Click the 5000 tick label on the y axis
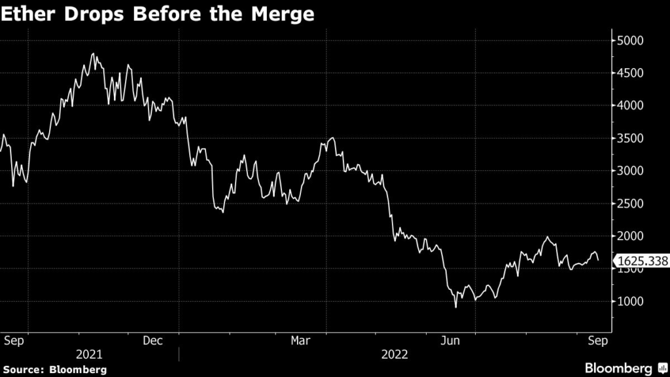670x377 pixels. click(x=630, y=41)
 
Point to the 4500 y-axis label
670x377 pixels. click(x=630, y=73)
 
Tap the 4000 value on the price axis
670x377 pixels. click(x=630, y=105)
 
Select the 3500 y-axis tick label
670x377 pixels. click(x=630, y=139)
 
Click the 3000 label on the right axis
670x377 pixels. click(x=630, y=171)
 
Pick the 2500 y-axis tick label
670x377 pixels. click(x=630, y=204)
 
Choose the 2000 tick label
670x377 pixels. click(x=630, y=236)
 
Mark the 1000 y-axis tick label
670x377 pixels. click(x=630, y=301)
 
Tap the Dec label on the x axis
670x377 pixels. click(x=152, y=340)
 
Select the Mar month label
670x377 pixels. click(x=300, y=340)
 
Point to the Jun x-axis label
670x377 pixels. click(x=450, y=340)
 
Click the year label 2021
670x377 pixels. click(x=89, y=354)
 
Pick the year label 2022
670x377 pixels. click(x=395, y=354)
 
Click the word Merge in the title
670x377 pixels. click(x=283, y=14)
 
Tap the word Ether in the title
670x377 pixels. click(x=29, y=14)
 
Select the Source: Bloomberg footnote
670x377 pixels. click(x=55, y=370)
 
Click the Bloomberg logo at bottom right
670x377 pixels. click(x=626, y=368)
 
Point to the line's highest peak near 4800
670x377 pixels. click(x=93, y=54)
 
